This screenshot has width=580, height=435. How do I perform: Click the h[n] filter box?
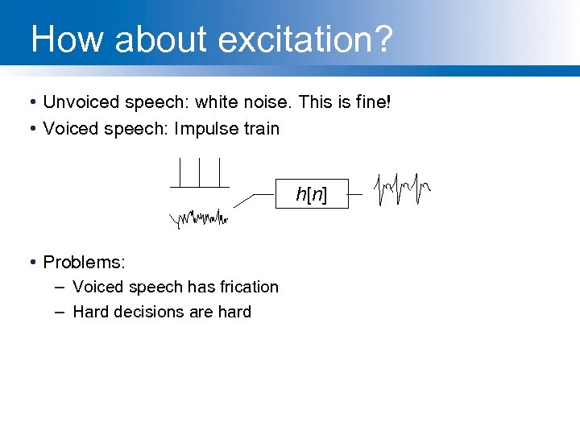pos(312,193)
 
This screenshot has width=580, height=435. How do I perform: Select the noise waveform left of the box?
pos(199,217)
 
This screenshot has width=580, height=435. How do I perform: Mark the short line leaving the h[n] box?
pos(355,194)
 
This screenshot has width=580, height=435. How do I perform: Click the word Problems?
pos(84,263)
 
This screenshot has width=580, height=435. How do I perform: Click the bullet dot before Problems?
pos(30,263)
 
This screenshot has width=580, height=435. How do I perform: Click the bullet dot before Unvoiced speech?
pos(30,102)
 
